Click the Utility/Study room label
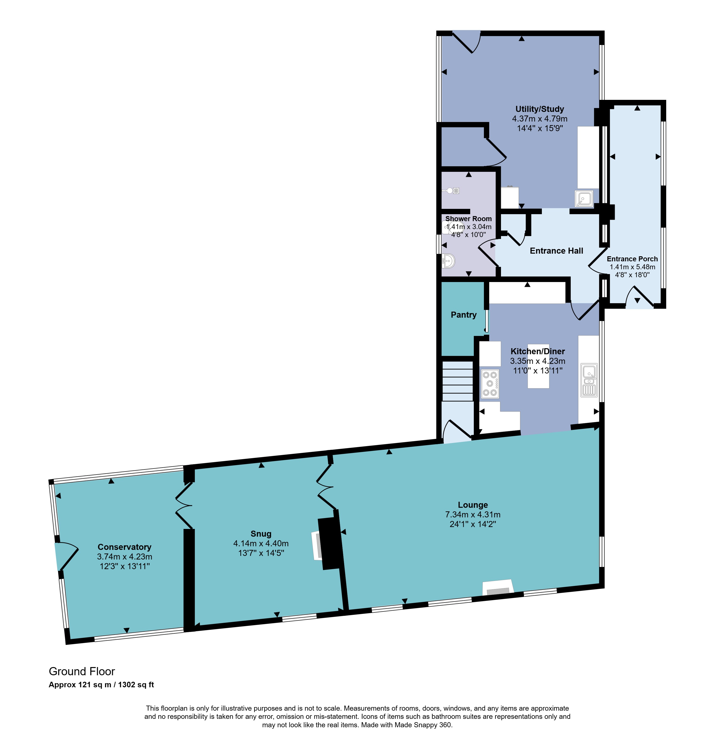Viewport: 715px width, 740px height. (x=539, y=109)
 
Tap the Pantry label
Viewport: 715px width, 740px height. (x=464, y=315)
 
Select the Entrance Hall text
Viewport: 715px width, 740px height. (x=557, y=251)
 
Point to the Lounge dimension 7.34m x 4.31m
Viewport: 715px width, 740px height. (x=473, y=514)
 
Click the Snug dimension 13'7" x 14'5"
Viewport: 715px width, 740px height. (x=261, y=553)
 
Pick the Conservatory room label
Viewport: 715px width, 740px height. (x=125, y=547)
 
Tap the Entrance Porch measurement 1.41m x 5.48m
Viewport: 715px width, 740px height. (x=632, y=267)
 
